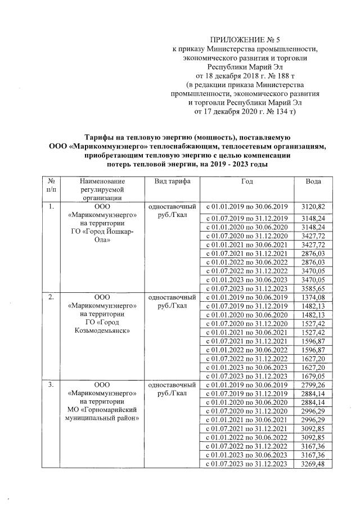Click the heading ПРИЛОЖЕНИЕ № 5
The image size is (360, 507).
click(x=244, y=40)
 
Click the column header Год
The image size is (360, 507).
click(x=247, y=182)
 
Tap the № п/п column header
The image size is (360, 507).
click(x=51, y=185)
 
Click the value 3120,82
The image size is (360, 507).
click(x=313, y=207)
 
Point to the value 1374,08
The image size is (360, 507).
click(x=313, y=297)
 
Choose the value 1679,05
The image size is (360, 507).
click(x=313, y=376)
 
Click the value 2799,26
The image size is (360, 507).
click(x=313, y=385)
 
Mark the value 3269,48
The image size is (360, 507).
click(x=313, y=464)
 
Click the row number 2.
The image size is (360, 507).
click(x=51, y=297)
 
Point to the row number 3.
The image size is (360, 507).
click(x=51, y=386)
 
